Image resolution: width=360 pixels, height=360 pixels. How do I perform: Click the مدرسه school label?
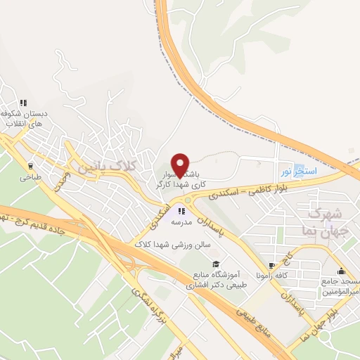point(182,221)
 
